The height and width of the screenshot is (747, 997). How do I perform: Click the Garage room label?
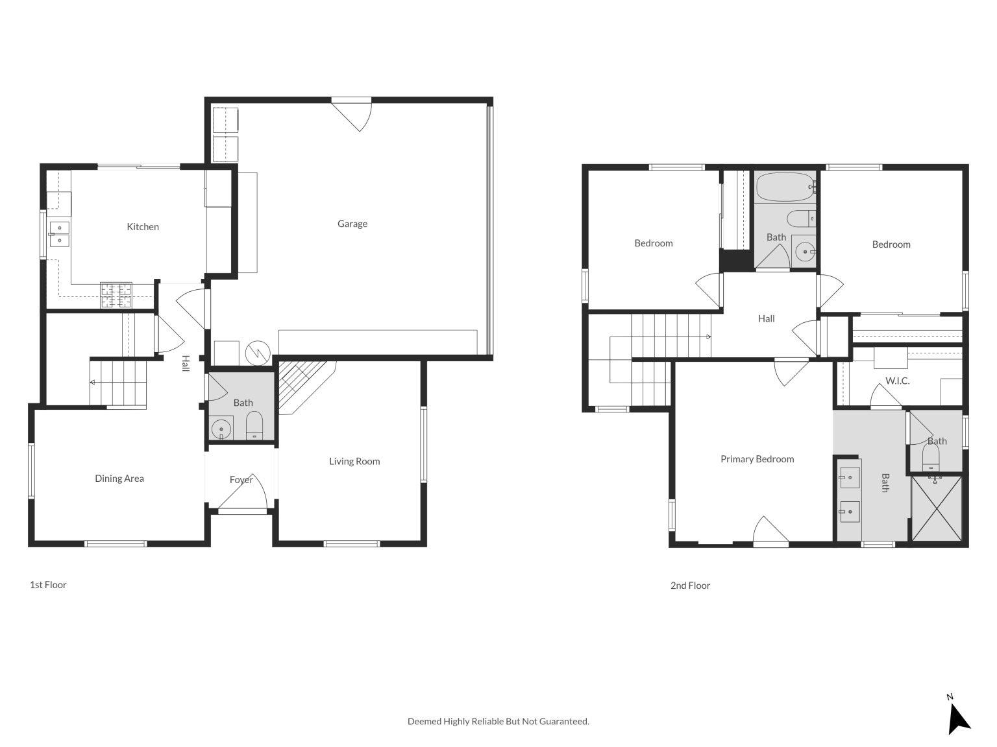pyautogui.click(x=352, y=224)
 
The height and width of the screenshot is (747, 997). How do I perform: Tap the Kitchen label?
pyautogui.click(x=142, y=226)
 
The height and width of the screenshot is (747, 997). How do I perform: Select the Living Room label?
pyautogui.click(x=354, y=461)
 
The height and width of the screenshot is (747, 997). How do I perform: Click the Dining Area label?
pyautogui.click(x=119, y=479)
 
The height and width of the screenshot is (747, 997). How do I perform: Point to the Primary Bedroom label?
pyautogui.click(x=757, y=459)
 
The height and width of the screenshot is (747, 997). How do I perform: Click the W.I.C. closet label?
pyautogui.click(x=897, y=381)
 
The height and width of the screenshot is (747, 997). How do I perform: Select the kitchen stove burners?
pyautogui.click(x=116, y=296)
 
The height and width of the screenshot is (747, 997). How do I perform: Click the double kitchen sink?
pyautogui.click(x=59, y=234)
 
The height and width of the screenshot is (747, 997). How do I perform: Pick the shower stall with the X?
pyautogui.click(x=937, y=508)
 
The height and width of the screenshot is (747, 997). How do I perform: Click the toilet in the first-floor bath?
pyautogui.click(x=254, y=425)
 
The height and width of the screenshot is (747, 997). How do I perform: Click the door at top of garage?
pyautogui.click(x=351, y=113)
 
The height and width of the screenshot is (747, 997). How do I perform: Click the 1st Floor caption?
pyautogui.click(x=48, y=584)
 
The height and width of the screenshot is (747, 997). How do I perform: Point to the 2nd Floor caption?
pyautogui.click(x=690, y=586)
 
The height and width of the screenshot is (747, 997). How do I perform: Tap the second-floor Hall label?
pyautogui.click(x=766, y=318)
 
